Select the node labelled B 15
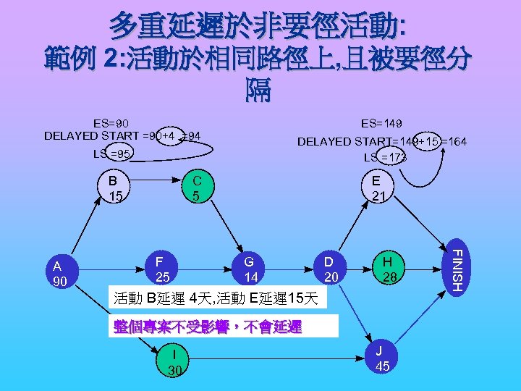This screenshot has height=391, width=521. point(114,188)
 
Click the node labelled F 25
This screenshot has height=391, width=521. point(163,269)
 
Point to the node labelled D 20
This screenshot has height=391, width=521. point(331,269)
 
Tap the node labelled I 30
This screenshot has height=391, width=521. point(174,361)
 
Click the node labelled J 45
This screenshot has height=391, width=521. point(383,358)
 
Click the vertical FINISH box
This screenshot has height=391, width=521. point(454,266)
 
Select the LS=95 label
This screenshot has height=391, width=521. point(112,154)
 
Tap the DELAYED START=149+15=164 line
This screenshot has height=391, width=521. point(382,141)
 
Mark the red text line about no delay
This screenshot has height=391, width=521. point(208,327)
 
